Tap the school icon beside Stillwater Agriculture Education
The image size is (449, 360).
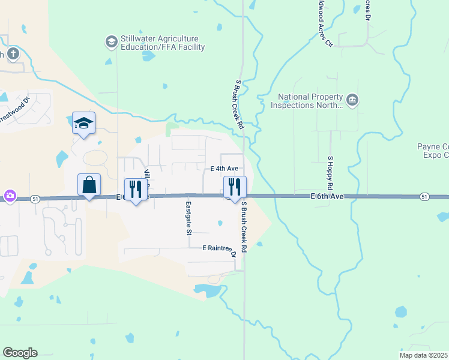tap(110, 41)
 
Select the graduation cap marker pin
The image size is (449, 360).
tap(84, 124)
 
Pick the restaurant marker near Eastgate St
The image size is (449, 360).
tap(136, 190)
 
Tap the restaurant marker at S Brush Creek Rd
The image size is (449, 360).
tap(235, 188)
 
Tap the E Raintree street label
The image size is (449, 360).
tap(217, 248)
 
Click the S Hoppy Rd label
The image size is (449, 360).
tap(330, 174)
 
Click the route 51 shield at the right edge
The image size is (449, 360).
tap(424, 197)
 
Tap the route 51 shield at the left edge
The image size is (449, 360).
tap(36, 199)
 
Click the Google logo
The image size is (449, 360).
tap(20, 353)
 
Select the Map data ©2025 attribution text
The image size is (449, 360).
tap(424, 355)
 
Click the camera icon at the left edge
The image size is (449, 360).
tap(10, 196)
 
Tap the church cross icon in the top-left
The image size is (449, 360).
tap(13, 54)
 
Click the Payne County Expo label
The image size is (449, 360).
tap(433, 151)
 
